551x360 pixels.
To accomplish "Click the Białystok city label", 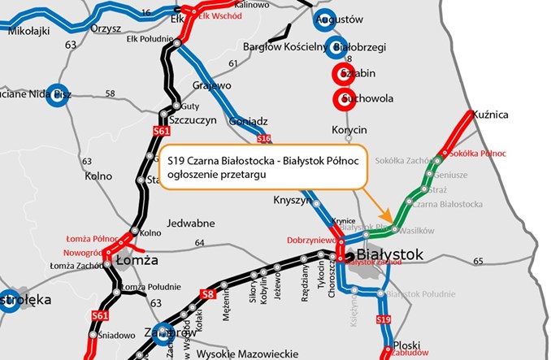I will coord(391,256).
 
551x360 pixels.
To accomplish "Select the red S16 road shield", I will coord(263,139).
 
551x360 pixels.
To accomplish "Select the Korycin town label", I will coord(349,130).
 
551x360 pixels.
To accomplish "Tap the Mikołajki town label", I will coord(29,31).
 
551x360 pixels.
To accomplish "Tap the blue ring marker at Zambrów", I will coord(167,332).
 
